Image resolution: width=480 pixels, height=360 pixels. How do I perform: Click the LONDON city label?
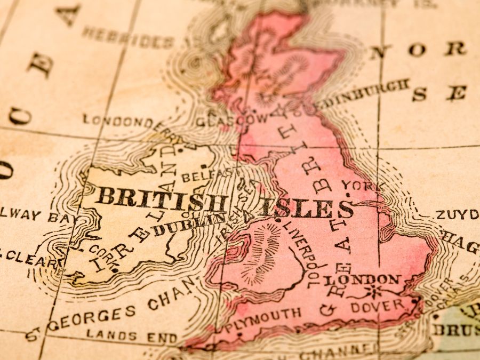click(x=362, y=279)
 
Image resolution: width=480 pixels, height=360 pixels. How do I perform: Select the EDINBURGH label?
click(x=364, y=93)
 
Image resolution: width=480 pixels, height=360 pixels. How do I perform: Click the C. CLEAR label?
click(x=29, y=258)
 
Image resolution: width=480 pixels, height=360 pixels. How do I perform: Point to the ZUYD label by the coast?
click(x=457, y=214)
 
